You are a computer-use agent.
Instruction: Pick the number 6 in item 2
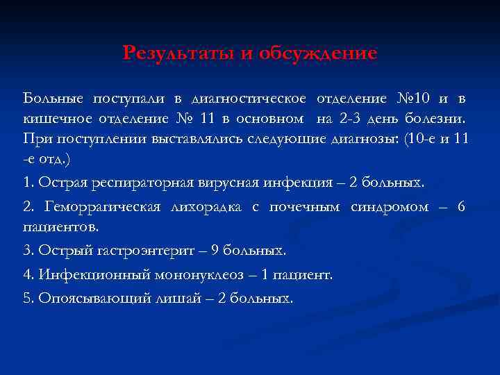pos(461,206)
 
